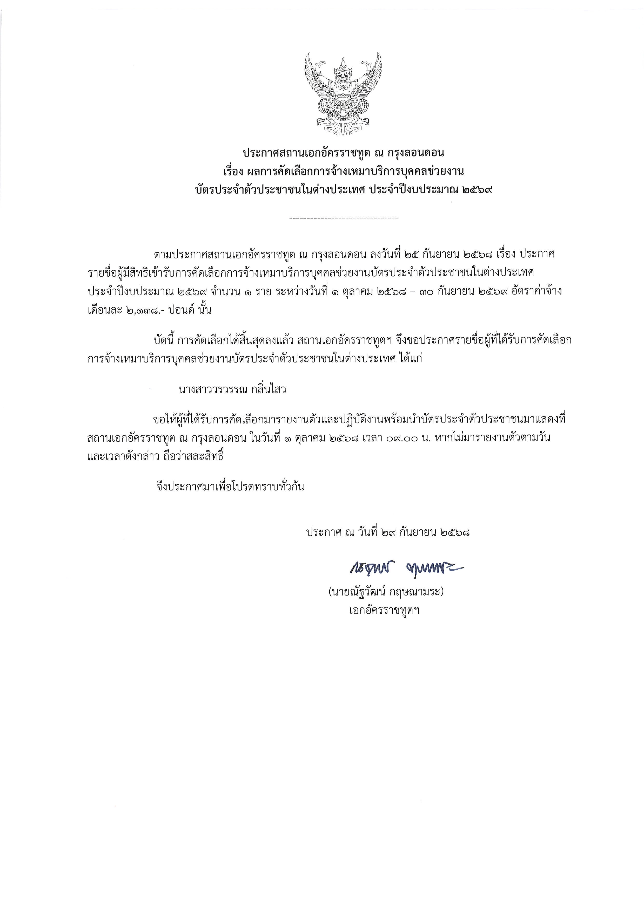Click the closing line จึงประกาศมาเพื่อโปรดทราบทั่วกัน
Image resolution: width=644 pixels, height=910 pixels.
click(230, 487)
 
